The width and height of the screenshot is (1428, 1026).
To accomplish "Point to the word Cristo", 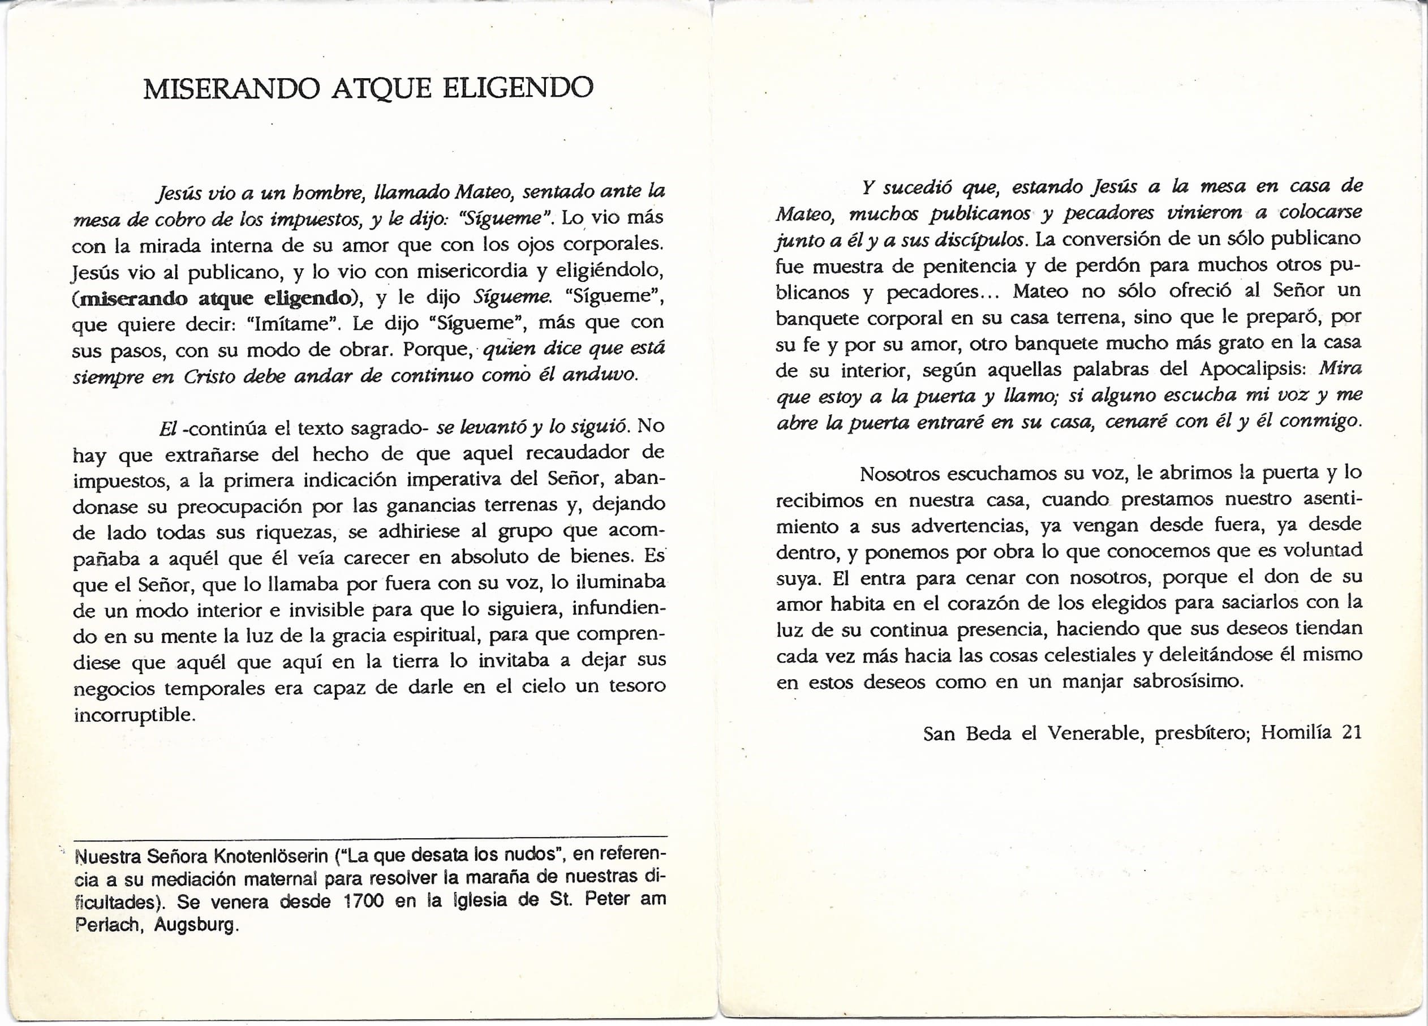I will click(x=209, y=376).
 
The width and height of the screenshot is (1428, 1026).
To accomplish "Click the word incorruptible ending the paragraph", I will click(x=134, y=715).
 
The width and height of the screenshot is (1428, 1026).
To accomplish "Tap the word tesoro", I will click(x=637, y=686).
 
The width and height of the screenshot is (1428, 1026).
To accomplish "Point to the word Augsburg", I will click(x=196, y=925).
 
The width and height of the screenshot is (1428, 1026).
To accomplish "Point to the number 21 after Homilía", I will click(x=1352, y=732).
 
